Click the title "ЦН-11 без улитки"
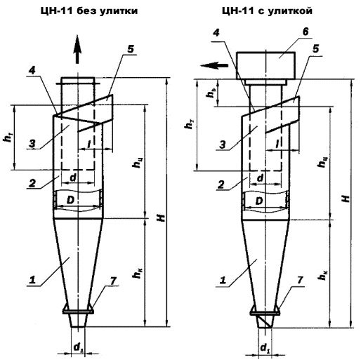(89, 11)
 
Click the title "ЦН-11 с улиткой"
(267, 11)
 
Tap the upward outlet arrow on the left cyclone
(77, 49)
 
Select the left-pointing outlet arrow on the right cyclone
(214, 65)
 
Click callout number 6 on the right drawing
(305, 32)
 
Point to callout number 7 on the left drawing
(113, 281)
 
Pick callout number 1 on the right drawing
(223, 280)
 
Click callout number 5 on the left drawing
(131, 49)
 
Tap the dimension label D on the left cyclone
(70, 200)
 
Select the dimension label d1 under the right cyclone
(265, 349)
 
